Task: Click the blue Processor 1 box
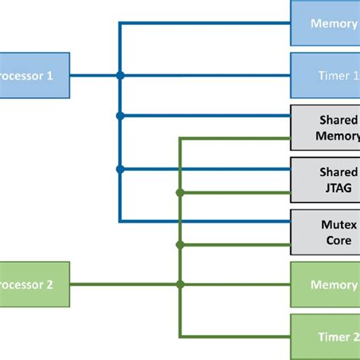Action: point(34,75)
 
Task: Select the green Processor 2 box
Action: point(34,285)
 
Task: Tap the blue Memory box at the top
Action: point(325,23)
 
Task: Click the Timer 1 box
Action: point(325,75)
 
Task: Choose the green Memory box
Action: point(325,285)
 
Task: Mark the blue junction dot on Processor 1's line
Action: point(120,75)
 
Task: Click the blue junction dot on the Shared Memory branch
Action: point(120,116)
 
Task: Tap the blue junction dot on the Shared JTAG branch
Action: point(120,169)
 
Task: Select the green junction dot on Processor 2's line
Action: point(180,285)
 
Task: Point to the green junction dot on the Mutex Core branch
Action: point(180,245)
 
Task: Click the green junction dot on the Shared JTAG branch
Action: point(180,192)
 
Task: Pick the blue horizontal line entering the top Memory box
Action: point(205,23)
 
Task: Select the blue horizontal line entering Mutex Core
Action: point(205,221)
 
